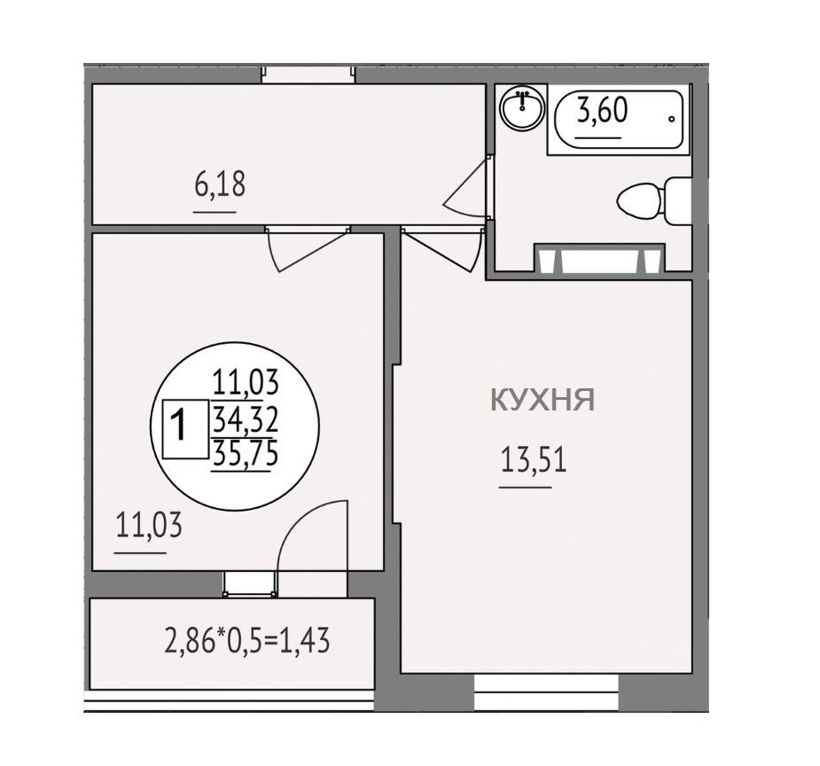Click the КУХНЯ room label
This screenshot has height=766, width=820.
coord(543,400)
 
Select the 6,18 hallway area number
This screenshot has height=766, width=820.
coord(220,184)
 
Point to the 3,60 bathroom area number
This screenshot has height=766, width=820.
coord(603,111)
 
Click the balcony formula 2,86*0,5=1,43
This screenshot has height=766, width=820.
coord(247,640)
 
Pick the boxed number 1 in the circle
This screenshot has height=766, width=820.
coord(179,426)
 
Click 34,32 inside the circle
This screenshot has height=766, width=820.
coord(245,419)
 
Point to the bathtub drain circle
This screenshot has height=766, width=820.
coord(671,119)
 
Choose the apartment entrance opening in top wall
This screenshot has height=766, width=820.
coord(308,74)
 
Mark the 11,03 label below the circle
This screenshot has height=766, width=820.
coord(149,526)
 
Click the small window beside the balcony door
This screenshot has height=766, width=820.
coord(249,583)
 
